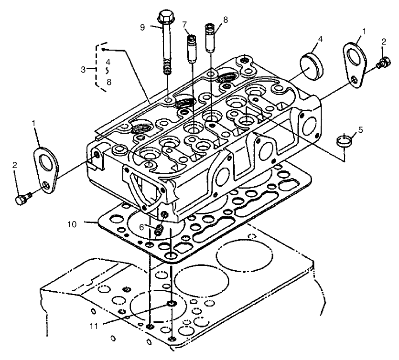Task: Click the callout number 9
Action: (142, 27)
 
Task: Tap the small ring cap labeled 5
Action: (344, 141)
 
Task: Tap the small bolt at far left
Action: (21, 200)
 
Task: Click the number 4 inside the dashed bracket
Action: (108, 62)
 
